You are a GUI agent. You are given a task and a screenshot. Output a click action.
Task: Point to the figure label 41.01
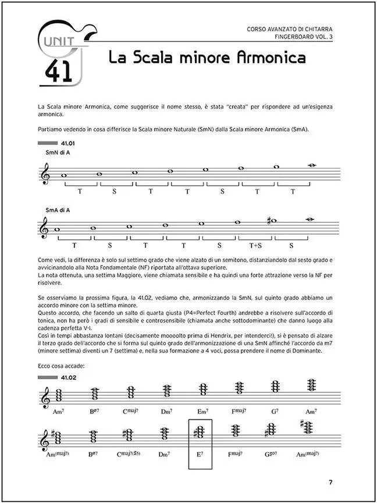(69, 143)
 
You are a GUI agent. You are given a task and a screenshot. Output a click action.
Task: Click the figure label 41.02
(69, 378)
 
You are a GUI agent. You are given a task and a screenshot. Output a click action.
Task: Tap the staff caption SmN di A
(58, 152)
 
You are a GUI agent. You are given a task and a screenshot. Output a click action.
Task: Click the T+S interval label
(256, 245)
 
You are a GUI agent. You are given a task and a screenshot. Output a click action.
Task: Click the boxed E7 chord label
(200, 453)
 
